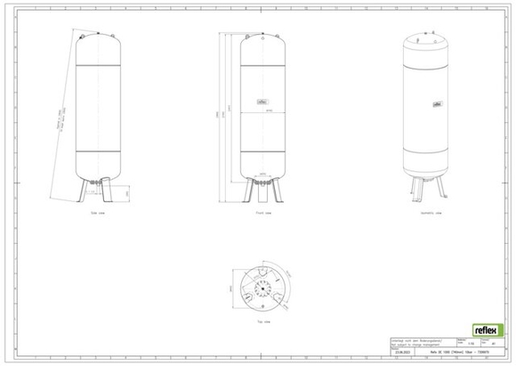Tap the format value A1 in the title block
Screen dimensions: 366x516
493,344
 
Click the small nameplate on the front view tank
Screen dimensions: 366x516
262,102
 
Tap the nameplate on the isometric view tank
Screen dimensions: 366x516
439,102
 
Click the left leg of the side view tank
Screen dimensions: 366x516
86,191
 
